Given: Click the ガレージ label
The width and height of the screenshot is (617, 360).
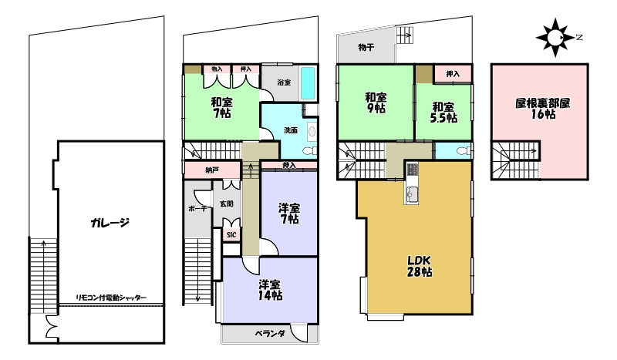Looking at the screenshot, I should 109,224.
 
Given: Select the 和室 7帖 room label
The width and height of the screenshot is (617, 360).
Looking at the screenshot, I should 223,107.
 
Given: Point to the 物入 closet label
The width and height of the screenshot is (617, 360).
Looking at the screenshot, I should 217,69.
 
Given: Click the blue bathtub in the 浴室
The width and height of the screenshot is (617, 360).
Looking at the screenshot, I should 308,82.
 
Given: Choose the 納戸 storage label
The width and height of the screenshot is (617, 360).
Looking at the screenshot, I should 211,170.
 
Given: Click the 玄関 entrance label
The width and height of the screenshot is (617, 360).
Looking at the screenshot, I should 226,204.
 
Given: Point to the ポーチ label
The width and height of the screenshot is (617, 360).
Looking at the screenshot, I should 197,208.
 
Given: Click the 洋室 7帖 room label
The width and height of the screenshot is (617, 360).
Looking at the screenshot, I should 289,214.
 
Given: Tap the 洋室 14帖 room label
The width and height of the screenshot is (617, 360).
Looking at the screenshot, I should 269,288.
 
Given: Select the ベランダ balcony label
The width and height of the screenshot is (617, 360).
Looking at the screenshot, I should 269,334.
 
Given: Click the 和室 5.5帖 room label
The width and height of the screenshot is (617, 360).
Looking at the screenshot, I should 443,112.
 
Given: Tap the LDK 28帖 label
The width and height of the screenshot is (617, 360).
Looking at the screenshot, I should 419,265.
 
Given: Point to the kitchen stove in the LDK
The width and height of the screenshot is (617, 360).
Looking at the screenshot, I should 412,170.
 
